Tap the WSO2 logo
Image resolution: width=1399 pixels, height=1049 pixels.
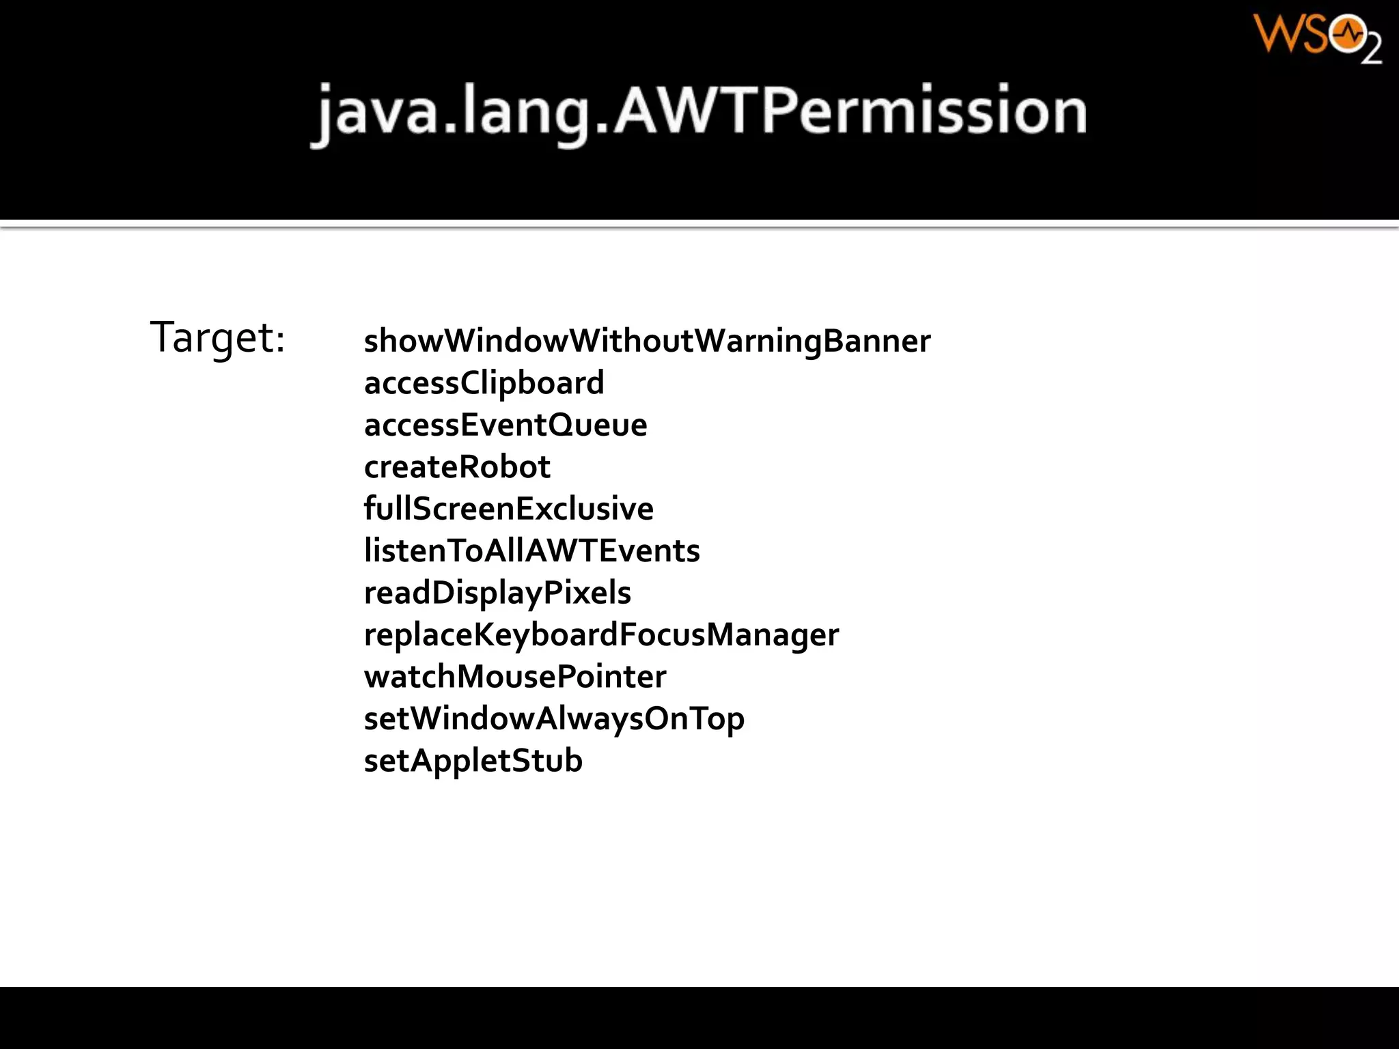click(1317, 38)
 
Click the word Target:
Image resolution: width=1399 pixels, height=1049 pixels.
click(217, 337)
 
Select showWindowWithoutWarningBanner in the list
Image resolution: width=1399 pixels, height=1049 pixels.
click(647, 341)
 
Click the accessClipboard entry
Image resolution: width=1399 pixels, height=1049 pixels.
click(484, 383)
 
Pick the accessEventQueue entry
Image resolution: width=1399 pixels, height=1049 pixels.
click(505, 425)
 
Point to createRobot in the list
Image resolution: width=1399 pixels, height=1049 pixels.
click(457, 467)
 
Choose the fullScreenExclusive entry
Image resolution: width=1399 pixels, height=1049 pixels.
click(509, 509)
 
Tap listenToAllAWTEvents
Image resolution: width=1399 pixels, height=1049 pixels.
click(531, 551)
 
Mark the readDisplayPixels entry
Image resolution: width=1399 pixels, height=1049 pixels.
click(497, 593)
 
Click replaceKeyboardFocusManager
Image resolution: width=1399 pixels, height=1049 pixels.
click(601, 635)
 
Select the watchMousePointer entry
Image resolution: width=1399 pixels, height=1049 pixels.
click(515, 677)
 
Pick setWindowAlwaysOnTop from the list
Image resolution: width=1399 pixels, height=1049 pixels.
click(554, 719)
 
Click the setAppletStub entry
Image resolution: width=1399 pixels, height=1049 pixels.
click(473, 761)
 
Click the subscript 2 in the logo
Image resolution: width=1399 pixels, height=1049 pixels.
click(1372, 51)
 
